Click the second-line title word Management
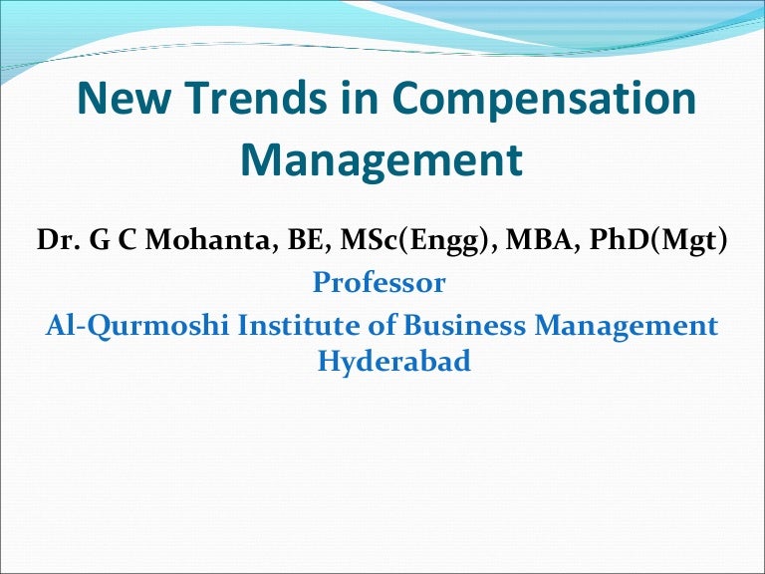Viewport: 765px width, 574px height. (382, 159)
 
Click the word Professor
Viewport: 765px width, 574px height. (380, 283)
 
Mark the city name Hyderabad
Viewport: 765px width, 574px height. (393, 361)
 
